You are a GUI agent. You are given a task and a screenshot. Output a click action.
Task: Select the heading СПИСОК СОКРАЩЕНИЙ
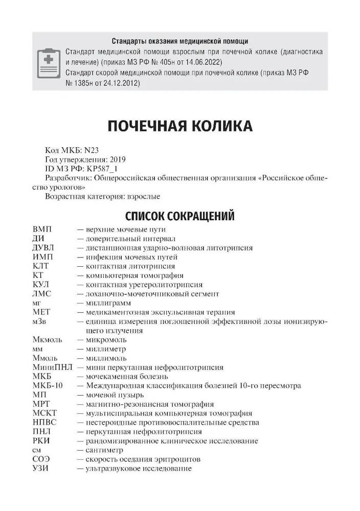tap(179, 215)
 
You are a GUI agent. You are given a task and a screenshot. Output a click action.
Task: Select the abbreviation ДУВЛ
tap(44, 248)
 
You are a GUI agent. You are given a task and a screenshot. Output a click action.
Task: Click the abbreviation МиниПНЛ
tap(52, 367)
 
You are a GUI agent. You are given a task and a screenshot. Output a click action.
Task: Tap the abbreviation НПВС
tap(44, 423)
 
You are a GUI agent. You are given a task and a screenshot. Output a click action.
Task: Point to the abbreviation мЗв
tap(40, 321)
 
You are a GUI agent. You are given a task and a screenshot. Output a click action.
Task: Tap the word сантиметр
tap(105, 450)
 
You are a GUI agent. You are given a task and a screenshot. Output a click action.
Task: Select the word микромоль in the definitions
tap(107, 340)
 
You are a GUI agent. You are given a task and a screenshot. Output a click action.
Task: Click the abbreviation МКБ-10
tap(47, 386)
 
